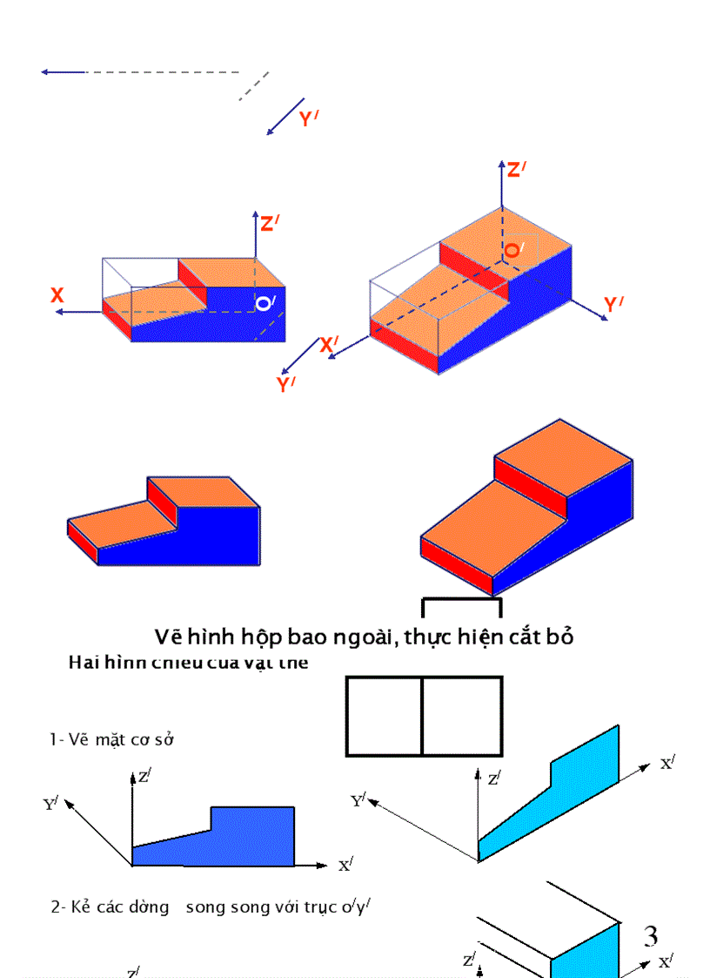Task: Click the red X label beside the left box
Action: [x=57, y=296]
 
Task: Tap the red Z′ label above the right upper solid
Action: [x=517, y=170]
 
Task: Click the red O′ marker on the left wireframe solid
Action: [x=265, y=304]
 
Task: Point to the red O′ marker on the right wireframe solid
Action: [x=513, y=250]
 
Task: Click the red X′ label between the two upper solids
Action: [x=330, y=345]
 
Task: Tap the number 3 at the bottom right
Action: [x=651, y=936]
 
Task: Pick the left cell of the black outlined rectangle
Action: [x=385, y=716]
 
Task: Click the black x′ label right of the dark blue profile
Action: [x=345, y=865]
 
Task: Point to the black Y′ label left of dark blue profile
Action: [x=51, y=803]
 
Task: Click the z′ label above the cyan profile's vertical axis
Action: [x=494, y=778]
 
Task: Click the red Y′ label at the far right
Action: [x=614, y=305]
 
